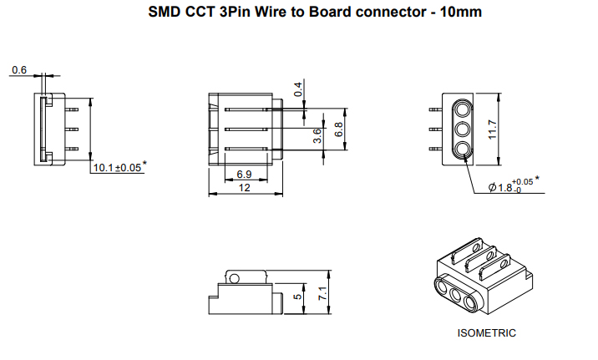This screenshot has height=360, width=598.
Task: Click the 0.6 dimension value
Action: pyautogui.click(x=18, y=70)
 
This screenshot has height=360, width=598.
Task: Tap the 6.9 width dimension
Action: pyautogui.click(x=245, y=174)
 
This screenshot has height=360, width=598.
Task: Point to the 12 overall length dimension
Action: pyautogui.click(x=245, y=188)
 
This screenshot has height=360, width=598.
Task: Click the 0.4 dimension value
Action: pyautogui.click(x=298, y=89)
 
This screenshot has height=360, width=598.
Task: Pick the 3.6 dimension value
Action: pyautogui.click(x=317, y=136)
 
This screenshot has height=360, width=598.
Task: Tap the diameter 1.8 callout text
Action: pyautogui.click(x=510, y=187)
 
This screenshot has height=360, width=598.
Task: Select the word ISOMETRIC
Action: pyautogui.click(x=487, y=332)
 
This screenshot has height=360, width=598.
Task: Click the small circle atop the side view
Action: pyautogui.click(x=235, y=279)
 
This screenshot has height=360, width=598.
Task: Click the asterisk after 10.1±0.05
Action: pyautogui.click(x=144, y=165)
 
